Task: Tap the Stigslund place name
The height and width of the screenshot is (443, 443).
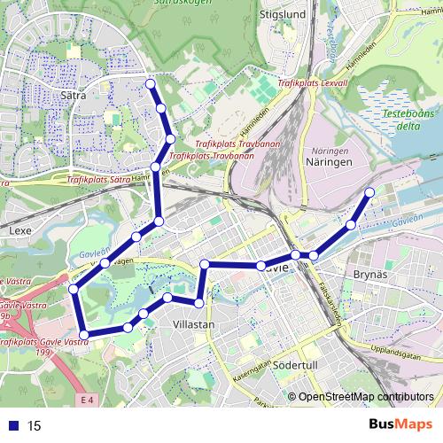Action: pos(282,15)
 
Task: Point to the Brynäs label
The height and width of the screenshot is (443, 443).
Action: pos(371,276)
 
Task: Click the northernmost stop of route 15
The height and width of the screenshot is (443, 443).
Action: pos(150,84)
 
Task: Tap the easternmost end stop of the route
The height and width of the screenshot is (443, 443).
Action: pos(369,192)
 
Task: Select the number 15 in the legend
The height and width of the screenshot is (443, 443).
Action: pos(35,425)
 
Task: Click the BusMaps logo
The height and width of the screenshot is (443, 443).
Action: pos(400,424)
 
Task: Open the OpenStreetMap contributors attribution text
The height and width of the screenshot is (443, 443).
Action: pos(365,398)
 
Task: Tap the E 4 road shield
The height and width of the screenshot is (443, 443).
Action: pos(85,401)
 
